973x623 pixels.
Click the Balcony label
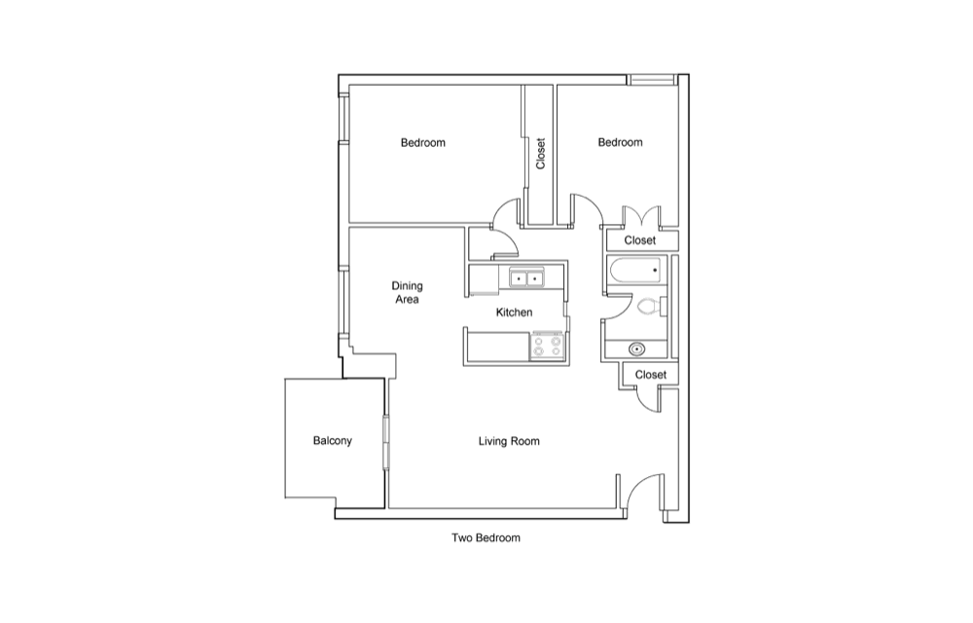332,441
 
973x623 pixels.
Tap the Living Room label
509,441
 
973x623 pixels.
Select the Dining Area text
407,292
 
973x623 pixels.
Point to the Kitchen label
514,312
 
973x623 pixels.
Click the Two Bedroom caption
486,538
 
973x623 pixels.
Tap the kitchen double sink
526,278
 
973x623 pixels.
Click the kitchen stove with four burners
547,347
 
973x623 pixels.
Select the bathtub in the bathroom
635,271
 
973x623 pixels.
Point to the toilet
651,307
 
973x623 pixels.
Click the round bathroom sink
636,349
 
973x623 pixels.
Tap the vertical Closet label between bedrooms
540,153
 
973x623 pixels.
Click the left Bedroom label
423,143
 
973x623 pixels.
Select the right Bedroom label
621,142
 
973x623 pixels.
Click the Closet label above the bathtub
640,240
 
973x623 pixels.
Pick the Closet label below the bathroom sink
651,375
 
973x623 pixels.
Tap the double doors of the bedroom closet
641,215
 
